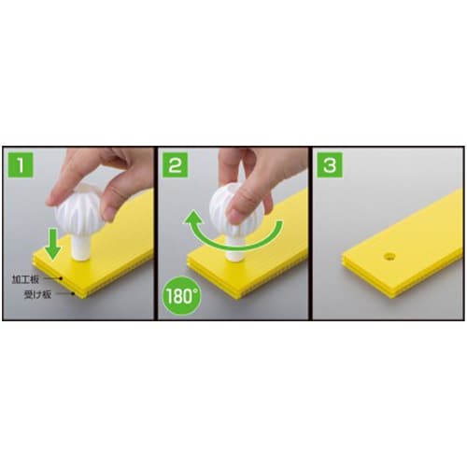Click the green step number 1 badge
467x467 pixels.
coord(21,164)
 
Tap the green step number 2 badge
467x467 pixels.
coord(175,164)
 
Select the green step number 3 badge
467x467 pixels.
coord(330,164)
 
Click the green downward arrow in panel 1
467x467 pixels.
coord(53,244)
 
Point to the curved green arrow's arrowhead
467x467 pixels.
coord(193,218)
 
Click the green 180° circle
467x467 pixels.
coord(182,295)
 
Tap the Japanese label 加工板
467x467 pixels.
coord(25,279)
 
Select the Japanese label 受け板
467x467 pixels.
coord(37,294)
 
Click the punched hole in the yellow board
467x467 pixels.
coord(389,257)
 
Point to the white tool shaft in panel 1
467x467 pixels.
coord(80,248)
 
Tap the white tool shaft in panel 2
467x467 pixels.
coord(233,250)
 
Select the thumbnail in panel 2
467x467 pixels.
coord(235,217)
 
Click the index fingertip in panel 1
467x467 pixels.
coord(51,200)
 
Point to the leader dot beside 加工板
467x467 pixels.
coord(62,278)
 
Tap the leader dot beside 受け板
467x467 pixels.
coord(74,293)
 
